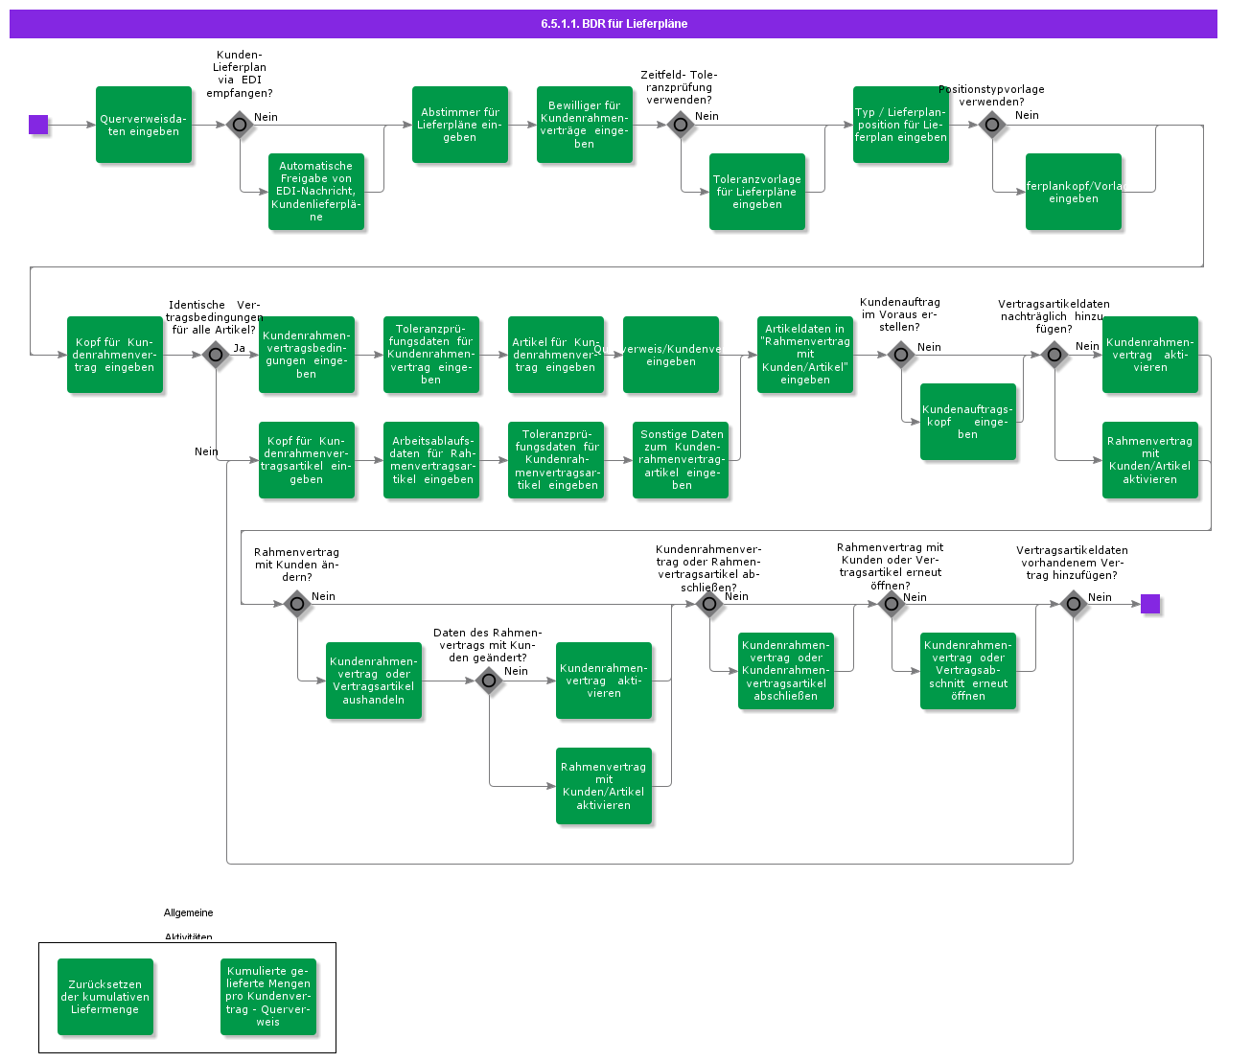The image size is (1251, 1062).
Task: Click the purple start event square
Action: tap(38, 125)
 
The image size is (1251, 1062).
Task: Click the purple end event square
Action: tap(1149, 604)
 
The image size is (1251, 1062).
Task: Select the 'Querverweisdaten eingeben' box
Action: tap(144, 125)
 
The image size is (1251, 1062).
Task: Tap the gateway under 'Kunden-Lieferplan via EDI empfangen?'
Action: tap(240, 125)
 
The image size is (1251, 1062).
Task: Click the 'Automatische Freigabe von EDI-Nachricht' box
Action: tap(316, 192)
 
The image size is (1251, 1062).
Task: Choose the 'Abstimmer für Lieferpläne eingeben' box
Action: tap(460, 125)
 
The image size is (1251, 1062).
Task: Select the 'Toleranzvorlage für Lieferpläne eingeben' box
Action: tap(757, 192)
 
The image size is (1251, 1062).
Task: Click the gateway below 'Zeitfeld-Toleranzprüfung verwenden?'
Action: tap(681, 125)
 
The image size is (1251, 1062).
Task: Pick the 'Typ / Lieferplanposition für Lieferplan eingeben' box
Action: tap(901, 125)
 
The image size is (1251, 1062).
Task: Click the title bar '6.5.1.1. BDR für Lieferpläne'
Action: tap(614, 24)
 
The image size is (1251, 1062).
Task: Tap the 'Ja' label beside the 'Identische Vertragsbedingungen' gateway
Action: tap(239, 348)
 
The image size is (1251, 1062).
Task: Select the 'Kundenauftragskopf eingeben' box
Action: tap(968, 422)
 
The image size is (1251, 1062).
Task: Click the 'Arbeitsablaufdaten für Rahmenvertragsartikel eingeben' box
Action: tap(431, 460)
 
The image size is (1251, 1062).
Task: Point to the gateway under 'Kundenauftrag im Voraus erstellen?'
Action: tap(901, 355)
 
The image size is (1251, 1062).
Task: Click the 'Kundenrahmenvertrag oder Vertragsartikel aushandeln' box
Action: tap(374, 681)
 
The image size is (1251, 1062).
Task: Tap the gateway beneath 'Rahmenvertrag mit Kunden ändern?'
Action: tap(297, 604)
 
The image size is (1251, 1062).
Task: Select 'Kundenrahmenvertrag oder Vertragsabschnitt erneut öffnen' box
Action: tap(968, 671)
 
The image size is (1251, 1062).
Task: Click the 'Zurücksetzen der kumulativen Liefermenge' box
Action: tap(105, 997)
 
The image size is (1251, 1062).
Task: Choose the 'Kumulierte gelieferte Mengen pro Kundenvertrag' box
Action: tap(268, 997)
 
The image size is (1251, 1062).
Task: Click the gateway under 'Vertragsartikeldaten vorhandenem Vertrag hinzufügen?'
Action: tap(1074, 604)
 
